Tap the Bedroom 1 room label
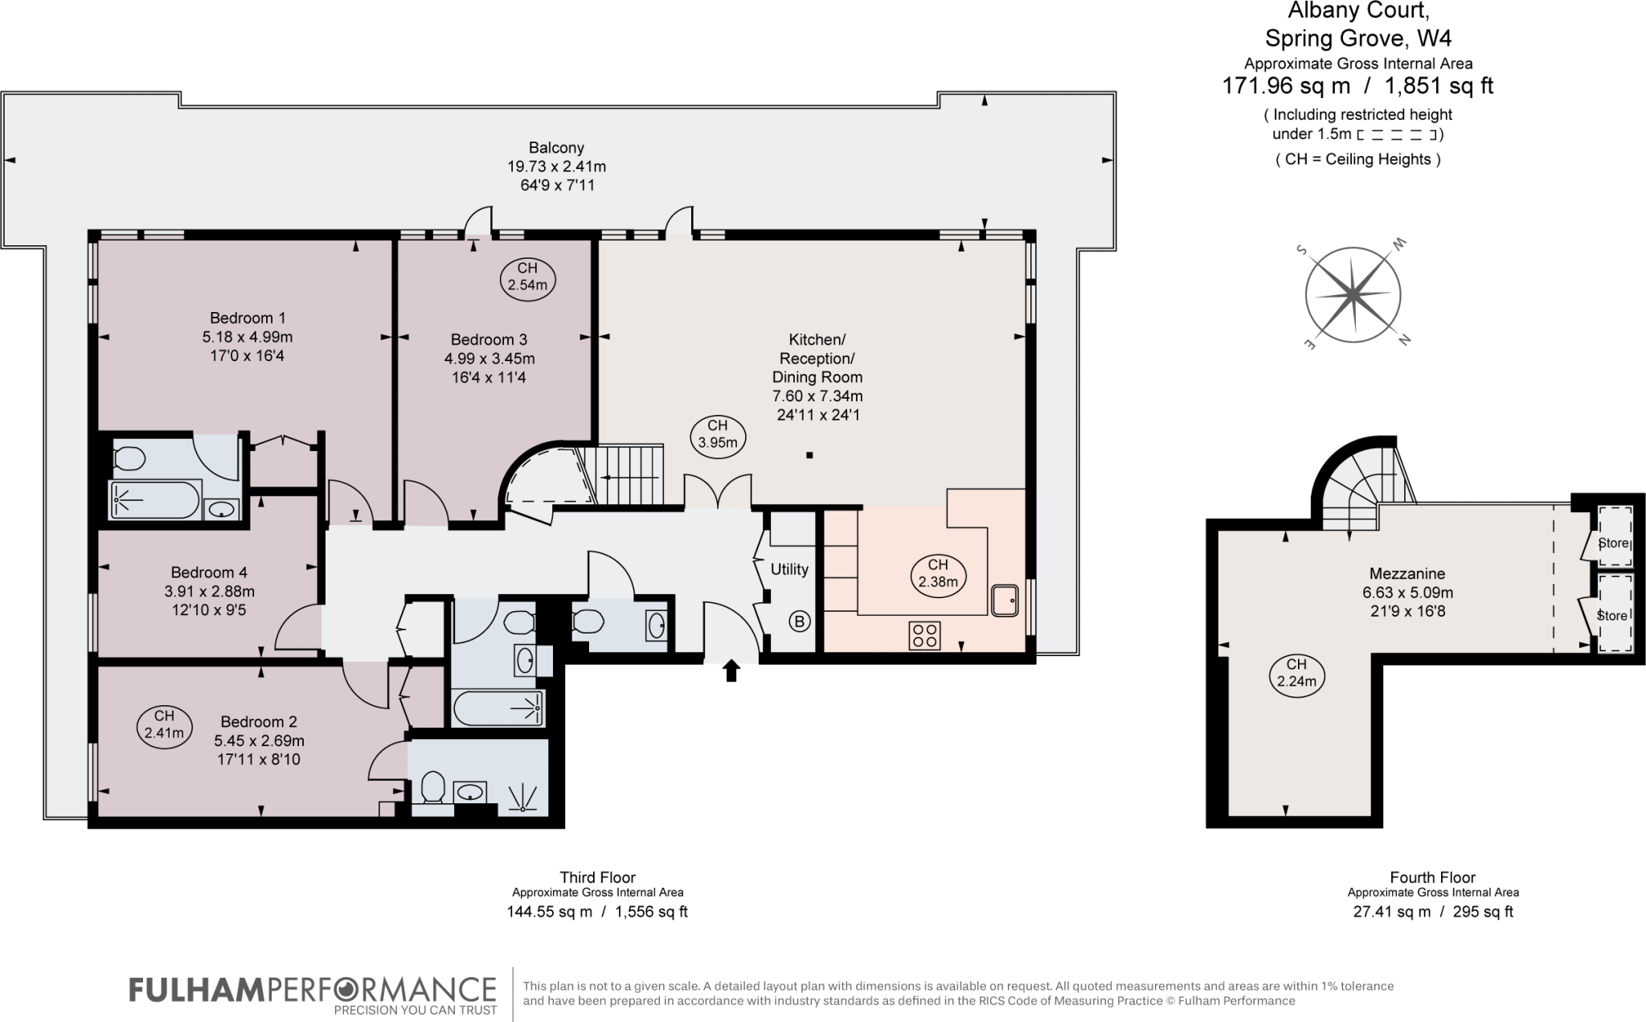[248, 318]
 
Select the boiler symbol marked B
[799, 621]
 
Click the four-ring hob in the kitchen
[924, 635]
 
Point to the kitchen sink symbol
[1005, 600]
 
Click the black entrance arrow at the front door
[731, 670]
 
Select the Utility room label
[789, 569]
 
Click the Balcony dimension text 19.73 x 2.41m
[556, 166]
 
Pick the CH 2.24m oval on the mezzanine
[1296, 674]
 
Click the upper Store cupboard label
[1612, 543]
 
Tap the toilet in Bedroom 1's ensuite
[128, 458]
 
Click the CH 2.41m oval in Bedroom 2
[164, 724]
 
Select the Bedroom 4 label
[209, 573]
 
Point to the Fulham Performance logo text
[313, 989]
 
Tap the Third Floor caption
[597, 877]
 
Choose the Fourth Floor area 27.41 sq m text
[1392, 912]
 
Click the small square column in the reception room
[809, 456]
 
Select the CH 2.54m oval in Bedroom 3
[527, 277]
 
